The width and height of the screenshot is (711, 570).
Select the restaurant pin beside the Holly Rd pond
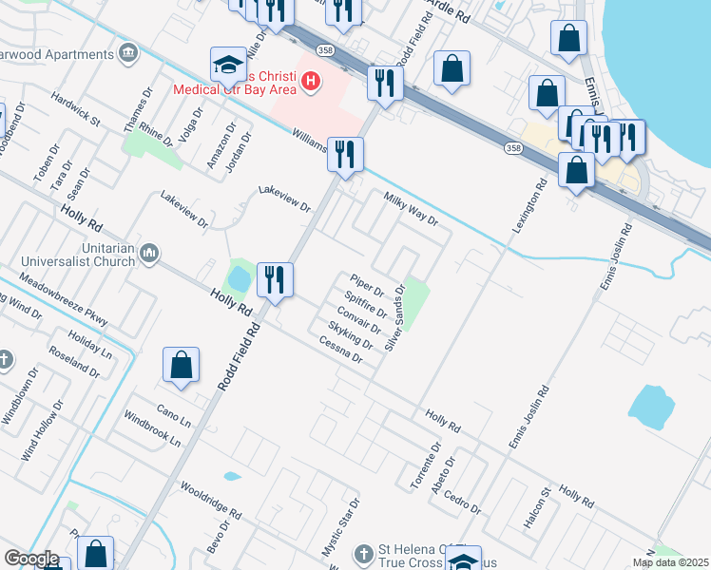(x=275, y=280)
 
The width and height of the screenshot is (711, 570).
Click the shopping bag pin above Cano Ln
(x=181, y=366)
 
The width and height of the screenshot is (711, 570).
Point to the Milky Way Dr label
(x=411, y=209)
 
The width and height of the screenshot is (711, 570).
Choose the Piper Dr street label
(x=366, y=285)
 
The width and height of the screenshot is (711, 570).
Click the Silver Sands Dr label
(x=399, y=321)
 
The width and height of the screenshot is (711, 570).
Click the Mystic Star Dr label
(x=340, y=528)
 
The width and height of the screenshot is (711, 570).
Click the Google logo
(x=31, y=560)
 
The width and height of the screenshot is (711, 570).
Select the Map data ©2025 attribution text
(x=670, y=562)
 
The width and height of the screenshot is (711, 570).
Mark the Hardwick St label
(x=76, y=109)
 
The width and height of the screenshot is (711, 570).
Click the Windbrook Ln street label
(x=151, y=428)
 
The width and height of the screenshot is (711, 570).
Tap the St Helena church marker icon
(x=365, y=553)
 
